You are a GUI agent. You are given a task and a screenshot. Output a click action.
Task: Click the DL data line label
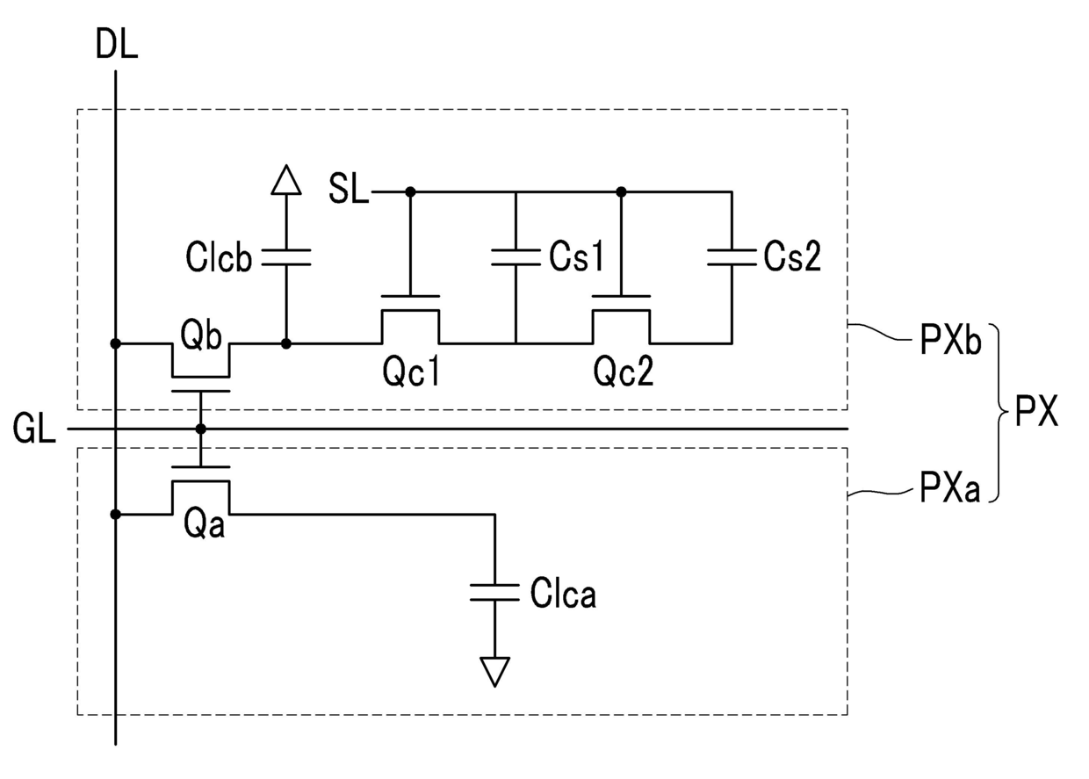[x=117, y=44]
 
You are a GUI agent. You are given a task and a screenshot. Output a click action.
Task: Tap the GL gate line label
[x=34, y=428]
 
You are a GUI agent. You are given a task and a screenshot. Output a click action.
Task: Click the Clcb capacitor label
[x=220, y=256]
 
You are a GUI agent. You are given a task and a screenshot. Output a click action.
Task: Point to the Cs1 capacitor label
[x=577, y=256]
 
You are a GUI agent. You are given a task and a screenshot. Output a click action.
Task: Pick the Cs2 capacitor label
[x=792, y=256]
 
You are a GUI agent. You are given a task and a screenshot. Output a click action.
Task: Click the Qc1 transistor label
[x=411, y=371]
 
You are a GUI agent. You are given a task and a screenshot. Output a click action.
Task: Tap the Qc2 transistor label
[x=624, y=371]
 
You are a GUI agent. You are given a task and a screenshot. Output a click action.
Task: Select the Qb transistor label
[x=201, y=335]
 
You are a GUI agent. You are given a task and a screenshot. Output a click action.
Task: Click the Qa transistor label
[x=204, y=524]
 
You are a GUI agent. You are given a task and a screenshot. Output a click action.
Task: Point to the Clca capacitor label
[x=563, y=593]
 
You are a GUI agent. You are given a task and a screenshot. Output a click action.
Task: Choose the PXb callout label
[x=950, y=340]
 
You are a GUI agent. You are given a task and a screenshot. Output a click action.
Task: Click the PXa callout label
[x=949, y=487]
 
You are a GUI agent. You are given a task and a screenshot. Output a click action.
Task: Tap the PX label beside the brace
[x=1036, y=411]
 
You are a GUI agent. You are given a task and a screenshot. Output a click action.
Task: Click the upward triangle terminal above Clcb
[x=286, y=180]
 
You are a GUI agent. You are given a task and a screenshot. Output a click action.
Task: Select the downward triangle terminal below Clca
[x=495, y=672]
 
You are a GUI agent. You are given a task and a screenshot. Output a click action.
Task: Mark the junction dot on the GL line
[x=201, y=429]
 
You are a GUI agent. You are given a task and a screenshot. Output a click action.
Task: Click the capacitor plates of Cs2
[x=732, y=257]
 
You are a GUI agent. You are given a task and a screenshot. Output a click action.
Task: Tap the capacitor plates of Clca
[x=495, y=593]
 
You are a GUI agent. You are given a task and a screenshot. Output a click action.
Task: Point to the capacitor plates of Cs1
[x=516, y=257]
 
